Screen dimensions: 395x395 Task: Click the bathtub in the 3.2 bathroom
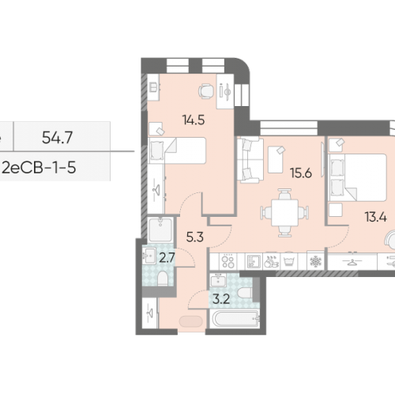[x=233, y=321]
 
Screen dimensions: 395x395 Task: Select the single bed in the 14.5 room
[x=177, y=150]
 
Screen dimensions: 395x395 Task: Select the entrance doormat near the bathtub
[x=192, y=322]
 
